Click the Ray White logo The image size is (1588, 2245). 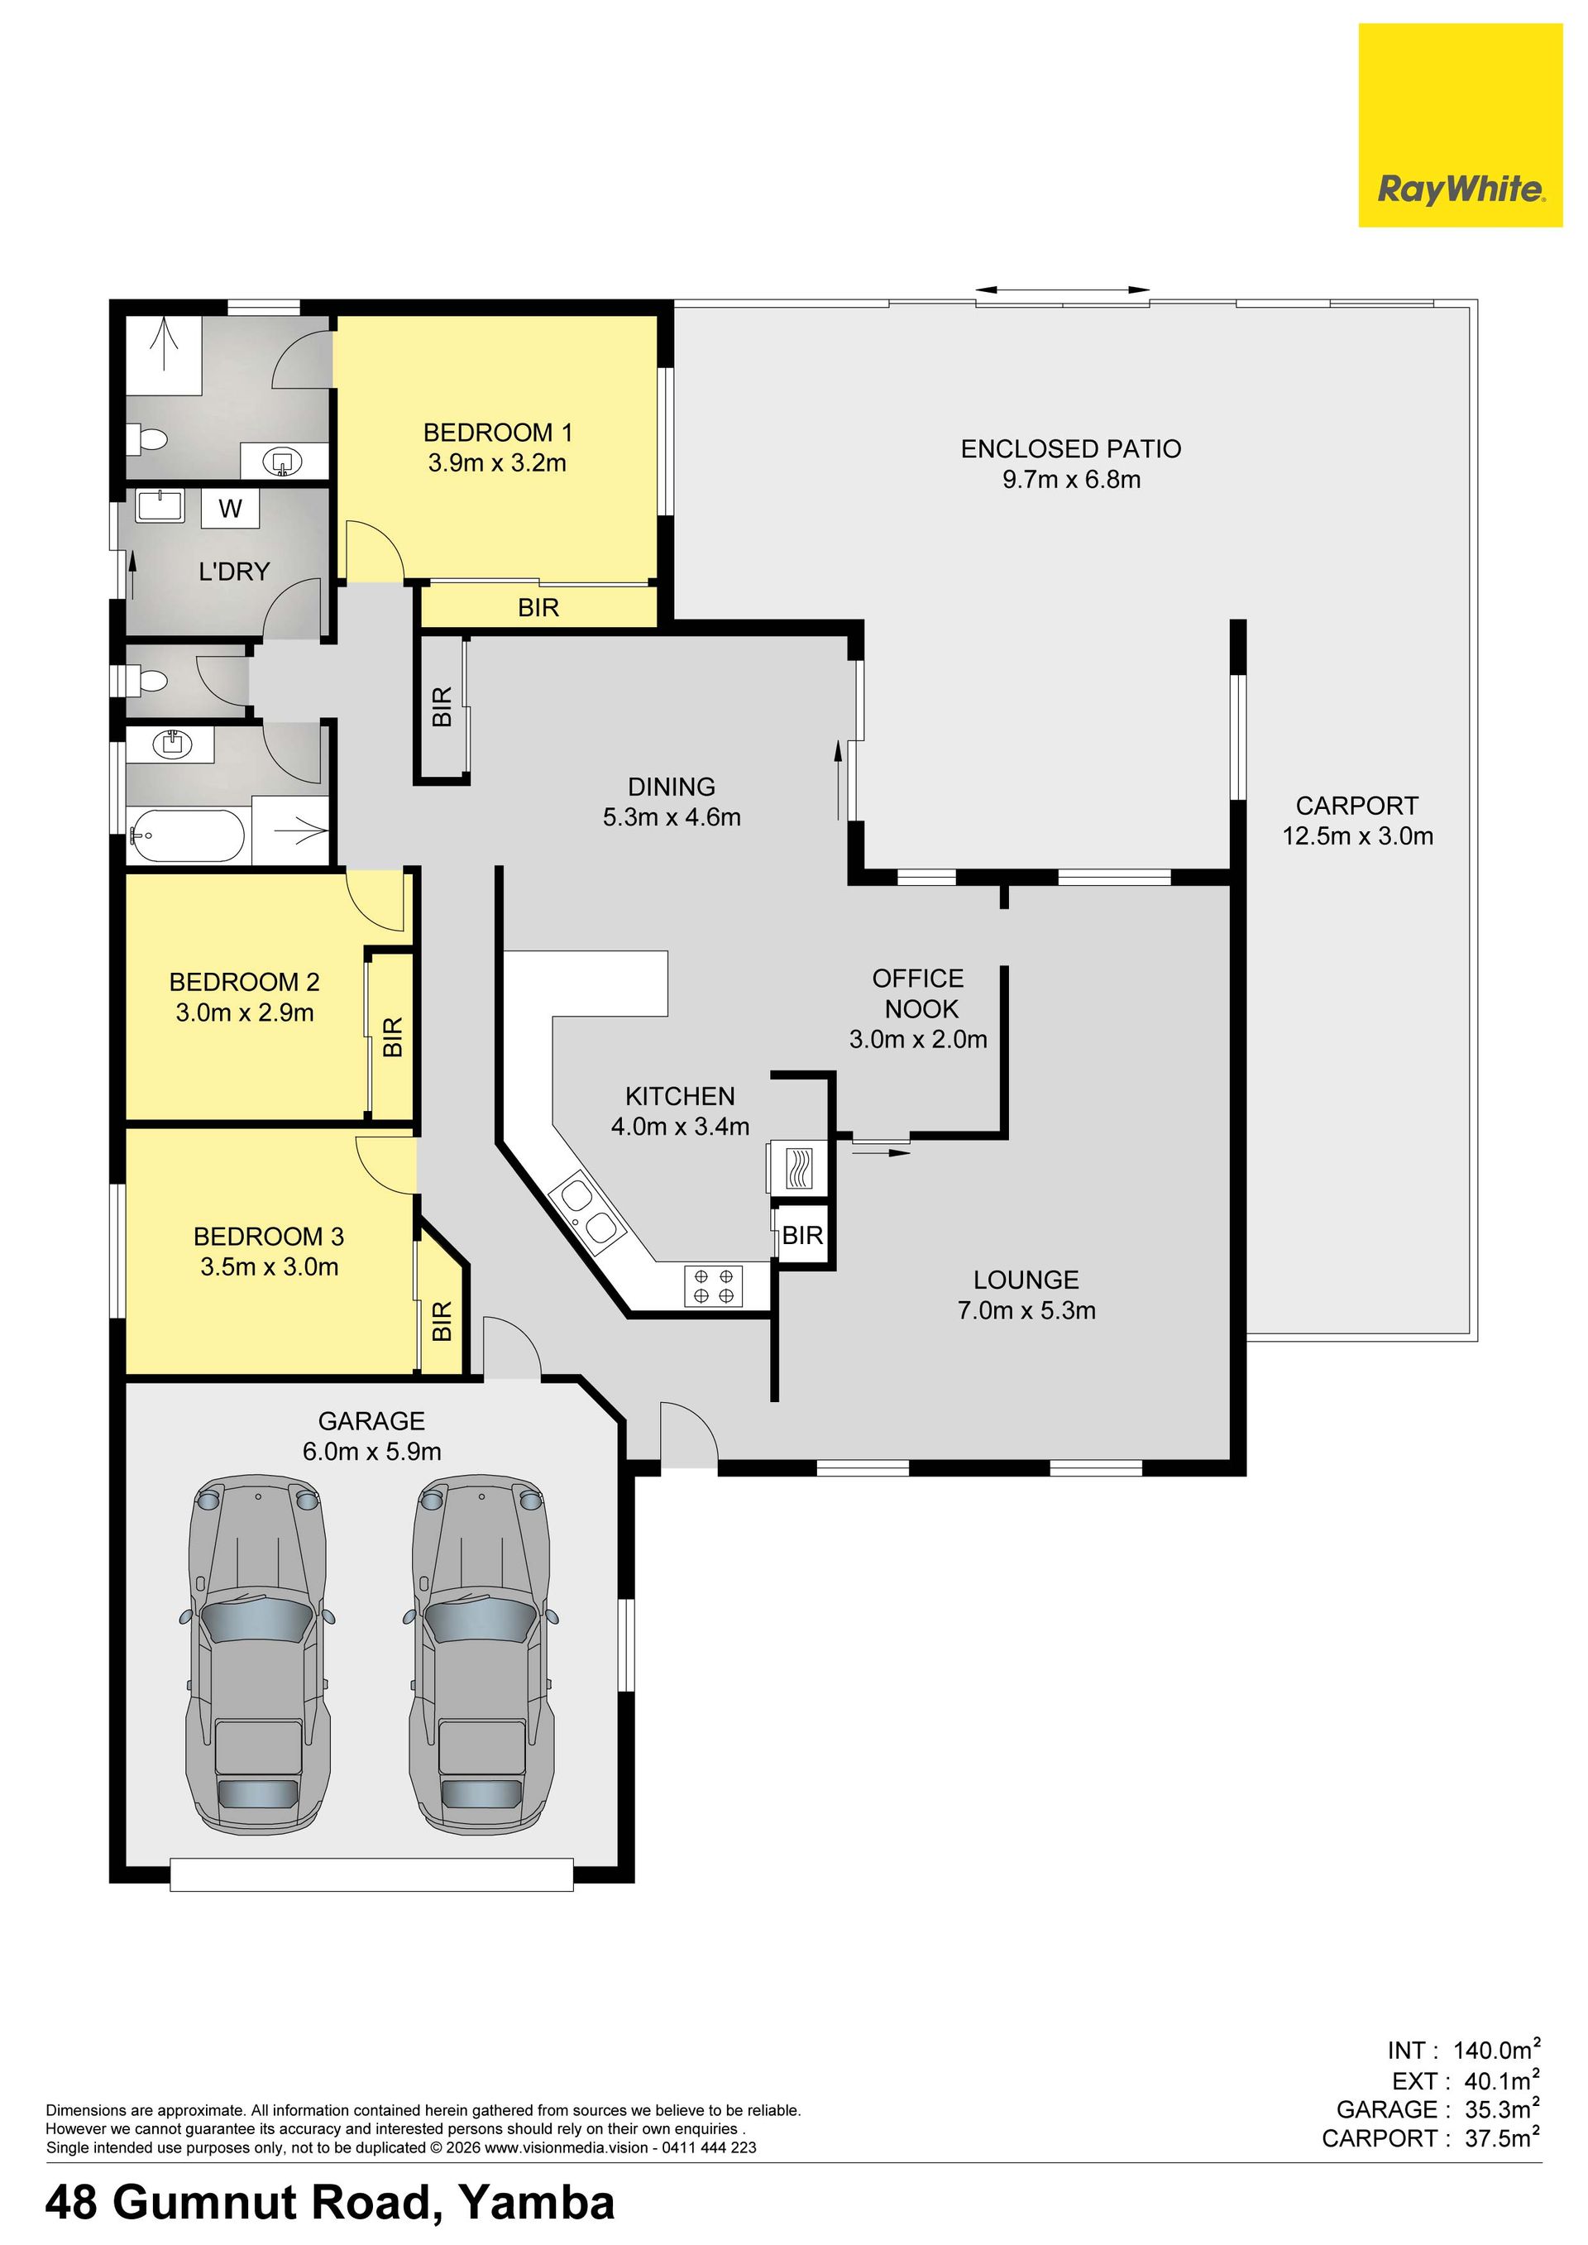point(1460,125)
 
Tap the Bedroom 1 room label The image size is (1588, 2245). point(498,432)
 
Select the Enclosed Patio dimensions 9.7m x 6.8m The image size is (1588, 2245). point(1071,479)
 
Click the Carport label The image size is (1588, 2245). point(1356,806)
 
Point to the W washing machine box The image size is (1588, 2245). point(230,509)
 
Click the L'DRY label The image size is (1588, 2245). point(234,571)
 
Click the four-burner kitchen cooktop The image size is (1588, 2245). point(713,1285)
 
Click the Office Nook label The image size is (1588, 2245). point(918,993)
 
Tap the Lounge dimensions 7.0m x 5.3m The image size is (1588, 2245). point(1026,1310)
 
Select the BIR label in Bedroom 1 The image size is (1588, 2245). point(538,608)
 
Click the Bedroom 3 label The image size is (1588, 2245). point(269,1237)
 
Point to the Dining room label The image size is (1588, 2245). point(671,786)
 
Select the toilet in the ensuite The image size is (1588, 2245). point(149,439)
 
